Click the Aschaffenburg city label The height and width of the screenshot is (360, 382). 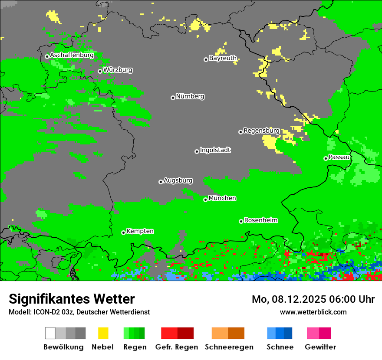click(72, 56)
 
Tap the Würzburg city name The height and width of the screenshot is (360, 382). click(118, 70)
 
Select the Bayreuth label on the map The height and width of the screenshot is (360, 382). click(223, 58)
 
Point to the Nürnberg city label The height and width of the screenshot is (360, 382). click(190, 97)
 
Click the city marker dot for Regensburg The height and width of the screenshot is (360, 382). click(240, 132)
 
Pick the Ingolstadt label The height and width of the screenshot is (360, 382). click(215, 151)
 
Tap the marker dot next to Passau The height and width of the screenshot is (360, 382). click(326, 158)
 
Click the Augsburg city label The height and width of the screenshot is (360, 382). click(178, 180)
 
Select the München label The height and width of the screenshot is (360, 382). click(222, 198)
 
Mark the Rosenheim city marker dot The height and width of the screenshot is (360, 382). click(241, 221)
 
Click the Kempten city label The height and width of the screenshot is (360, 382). click(140, 231)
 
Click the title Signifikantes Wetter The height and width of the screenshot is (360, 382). click(72, 299)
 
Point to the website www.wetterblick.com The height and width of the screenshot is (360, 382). click(313, 312)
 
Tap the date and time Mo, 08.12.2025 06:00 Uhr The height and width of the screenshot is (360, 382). click(313, 299)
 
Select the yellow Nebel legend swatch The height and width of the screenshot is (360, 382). click(103, 333)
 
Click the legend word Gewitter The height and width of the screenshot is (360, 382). click(320, 347)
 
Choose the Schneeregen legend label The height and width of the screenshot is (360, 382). click(229, 347)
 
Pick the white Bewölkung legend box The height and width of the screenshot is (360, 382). click(50, 333)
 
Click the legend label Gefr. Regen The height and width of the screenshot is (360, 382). click(177, 347)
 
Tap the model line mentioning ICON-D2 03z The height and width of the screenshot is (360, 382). click(79, 312)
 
